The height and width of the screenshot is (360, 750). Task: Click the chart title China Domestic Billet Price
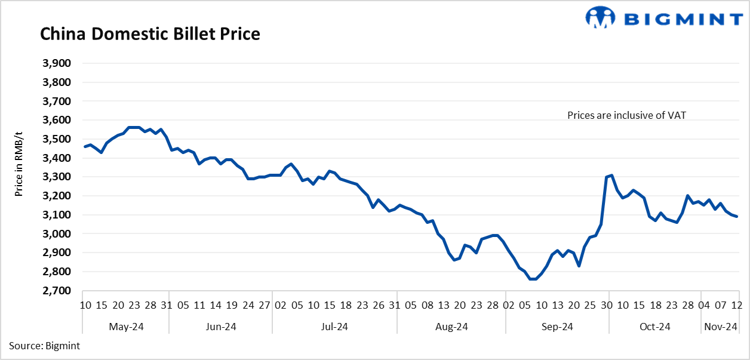click(150, 34)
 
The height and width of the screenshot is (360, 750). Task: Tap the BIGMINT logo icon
click(600, 17)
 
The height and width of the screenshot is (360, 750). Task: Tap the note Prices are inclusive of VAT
click(626, 116)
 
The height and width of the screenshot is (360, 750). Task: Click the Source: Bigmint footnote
click(44, 346)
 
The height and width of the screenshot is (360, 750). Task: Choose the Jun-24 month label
click(221, 327)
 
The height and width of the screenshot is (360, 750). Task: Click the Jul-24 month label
click(334, 327)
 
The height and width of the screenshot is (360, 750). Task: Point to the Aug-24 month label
click(451, 327)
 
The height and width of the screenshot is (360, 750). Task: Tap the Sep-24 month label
click(557, 327)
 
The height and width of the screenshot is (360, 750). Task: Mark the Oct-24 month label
click(654, 327)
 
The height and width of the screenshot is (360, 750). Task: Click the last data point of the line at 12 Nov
click(737, 216)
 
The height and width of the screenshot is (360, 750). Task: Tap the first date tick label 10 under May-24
click(86, 306)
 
